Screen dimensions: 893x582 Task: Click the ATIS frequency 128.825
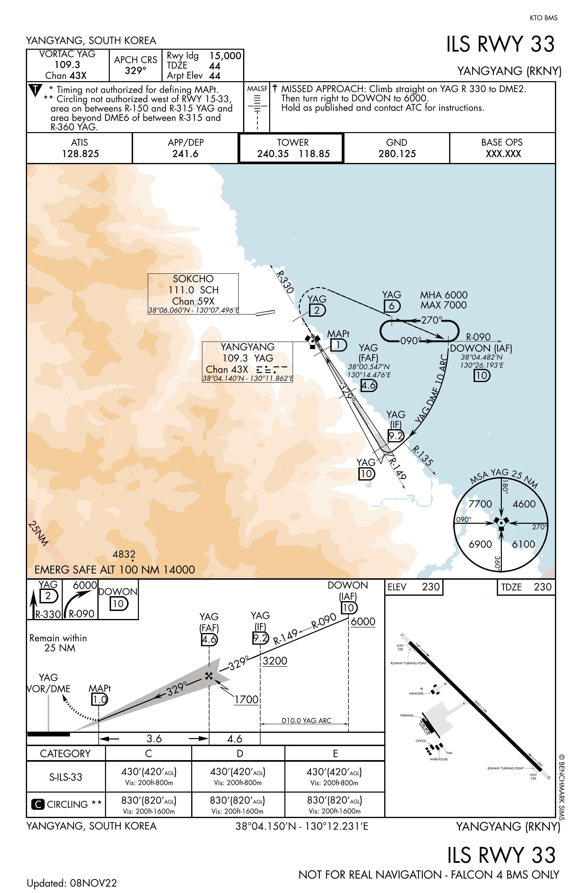click(80, 154)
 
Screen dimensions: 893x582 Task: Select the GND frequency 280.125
click(397, 154)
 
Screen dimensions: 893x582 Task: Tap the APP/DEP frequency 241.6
click(185, 154)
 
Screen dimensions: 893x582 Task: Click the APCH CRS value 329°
click(135, 71)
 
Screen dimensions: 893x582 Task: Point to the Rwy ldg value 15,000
click(225, 56)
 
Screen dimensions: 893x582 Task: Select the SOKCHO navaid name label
click(193, 279)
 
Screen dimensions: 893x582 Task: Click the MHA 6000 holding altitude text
click(444, 295)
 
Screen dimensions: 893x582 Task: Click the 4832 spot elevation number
click(124, 554)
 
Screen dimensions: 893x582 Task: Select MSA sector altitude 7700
click(480, 504)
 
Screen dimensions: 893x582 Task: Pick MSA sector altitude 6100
click(523, 544)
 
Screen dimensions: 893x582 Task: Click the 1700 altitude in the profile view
click(247, 699)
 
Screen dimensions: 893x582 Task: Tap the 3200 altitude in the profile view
click(275, 661)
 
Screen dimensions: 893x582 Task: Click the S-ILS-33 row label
click(66, 777)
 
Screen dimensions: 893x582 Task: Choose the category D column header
click(240, 753)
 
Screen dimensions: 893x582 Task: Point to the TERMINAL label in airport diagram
click(407, 716)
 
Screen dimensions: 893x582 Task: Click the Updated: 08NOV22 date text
click(72, 883)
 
